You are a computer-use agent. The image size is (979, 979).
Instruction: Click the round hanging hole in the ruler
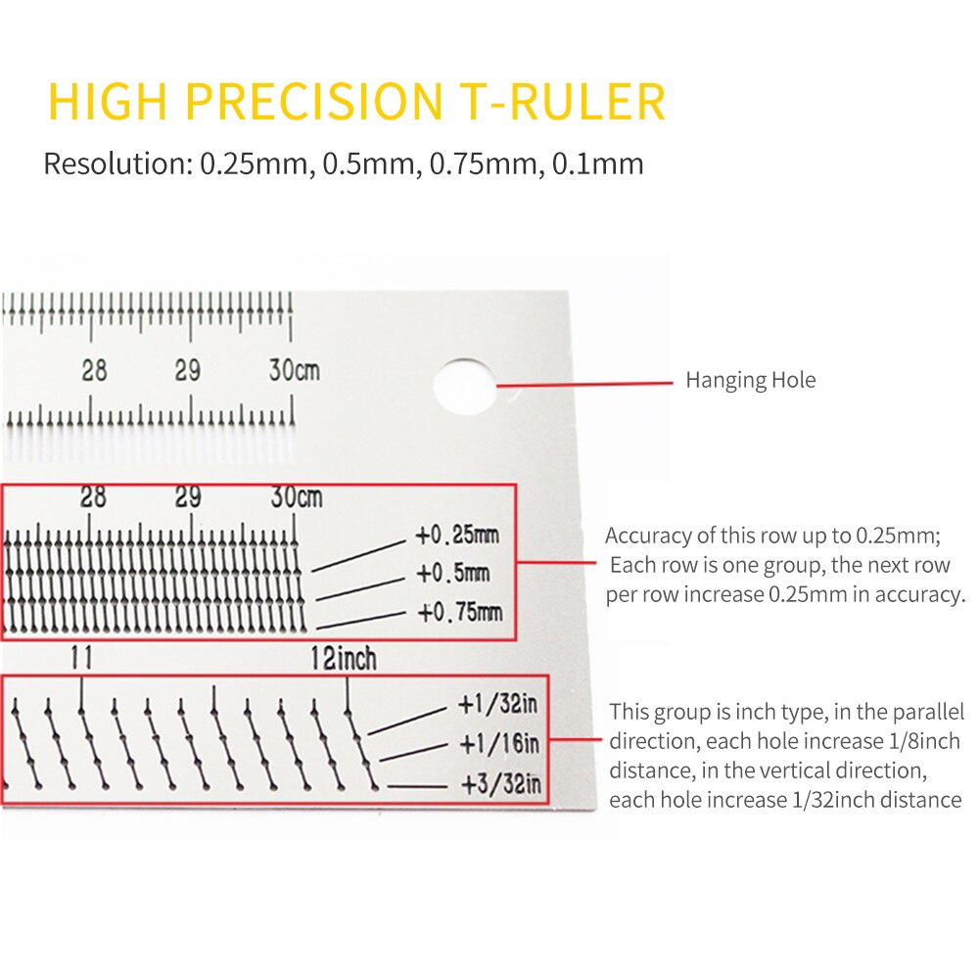tap(465, 385)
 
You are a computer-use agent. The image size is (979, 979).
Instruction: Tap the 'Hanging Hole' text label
tap(750, 380)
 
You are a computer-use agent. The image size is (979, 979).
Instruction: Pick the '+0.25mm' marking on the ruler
tap(456, 536)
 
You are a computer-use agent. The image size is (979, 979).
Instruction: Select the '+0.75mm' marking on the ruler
tap(459, 613)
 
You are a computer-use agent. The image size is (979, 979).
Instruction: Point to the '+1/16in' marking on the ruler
tap(498, 745)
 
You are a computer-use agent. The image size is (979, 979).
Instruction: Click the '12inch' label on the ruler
tap(343, 659)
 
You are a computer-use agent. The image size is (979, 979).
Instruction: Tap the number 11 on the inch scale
tap(81, 659)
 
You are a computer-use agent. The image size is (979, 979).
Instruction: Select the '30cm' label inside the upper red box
tap(296, 497)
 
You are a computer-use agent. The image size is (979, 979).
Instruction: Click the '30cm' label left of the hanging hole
tap(295, 371)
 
